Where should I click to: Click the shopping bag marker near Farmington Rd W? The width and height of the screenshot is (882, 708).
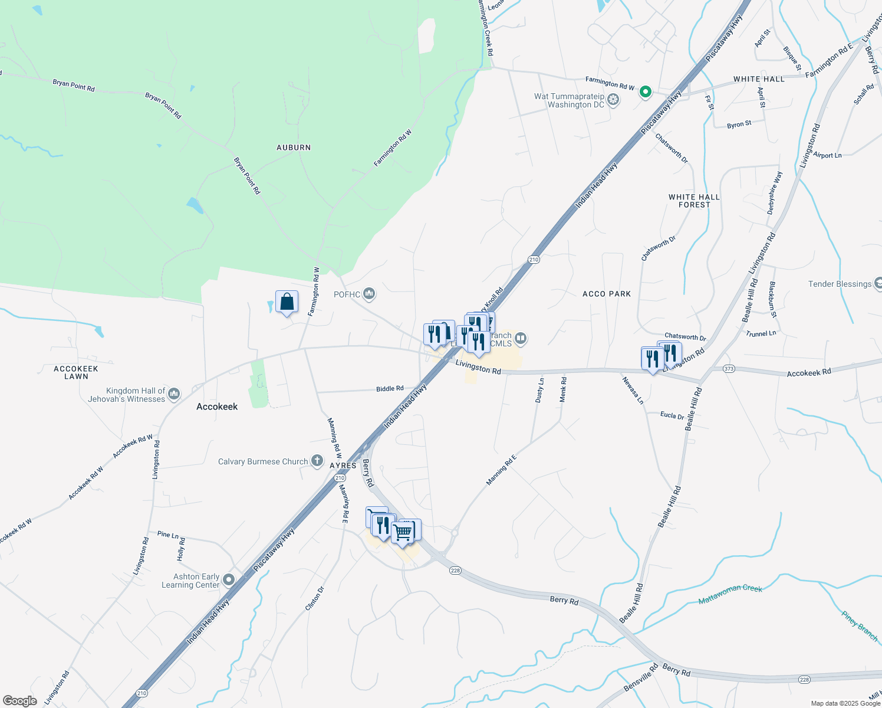pyautogui.click(x=287, y=302)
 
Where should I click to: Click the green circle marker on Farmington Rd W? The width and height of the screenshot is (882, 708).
pyautogui.click(x=646, y=91)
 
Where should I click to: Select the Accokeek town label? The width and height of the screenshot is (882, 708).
pyautogui.click(x=217, y=407)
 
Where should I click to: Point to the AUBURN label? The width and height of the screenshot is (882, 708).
pyautogui.click(x=294, y=147)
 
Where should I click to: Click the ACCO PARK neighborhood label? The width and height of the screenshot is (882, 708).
pyautogui.click(x=606, y=294)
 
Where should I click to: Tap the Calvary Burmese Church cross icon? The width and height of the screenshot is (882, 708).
pyautogui.click(x=317, y=461)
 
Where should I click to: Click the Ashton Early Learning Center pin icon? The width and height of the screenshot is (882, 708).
pyautogui.click(x=229, y=581)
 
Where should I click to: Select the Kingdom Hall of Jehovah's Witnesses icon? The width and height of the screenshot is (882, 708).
pyautogui.click(x=174, y=394)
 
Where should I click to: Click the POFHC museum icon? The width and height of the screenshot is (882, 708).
pyautogui.click(x=370, y=293)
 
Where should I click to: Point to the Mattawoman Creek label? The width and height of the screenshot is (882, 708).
pyautogui.click(x=730, y=594)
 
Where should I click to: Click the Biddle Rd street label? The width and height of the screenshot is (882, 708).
pyautogui.click(x=390, y=389)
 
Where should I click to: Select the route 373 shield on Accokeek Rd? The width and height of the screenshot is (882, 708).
pyautogui.click(x=729, y=369)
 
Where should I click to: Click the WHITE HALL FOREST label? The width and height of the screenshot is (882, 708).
pyautogui.click(x=694, y=201)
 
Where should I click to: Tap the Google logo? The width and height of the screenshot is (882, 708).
pyautogui.click(x=19, y=701)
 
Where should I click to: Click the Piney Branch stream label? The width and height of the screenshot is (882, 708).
pyautogui.click(x=859, y=626)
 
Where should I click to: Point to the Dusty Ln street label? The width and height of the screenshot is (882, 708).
pyautogui.click(x=539, y=391)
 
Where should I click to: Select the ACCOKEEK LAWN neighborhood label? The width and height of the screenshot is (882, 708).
pyautogui.click(x=76, y=372)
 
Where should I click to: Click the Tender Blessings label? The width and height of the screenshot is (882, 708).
pyautogui.click(x=840, y=284)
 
